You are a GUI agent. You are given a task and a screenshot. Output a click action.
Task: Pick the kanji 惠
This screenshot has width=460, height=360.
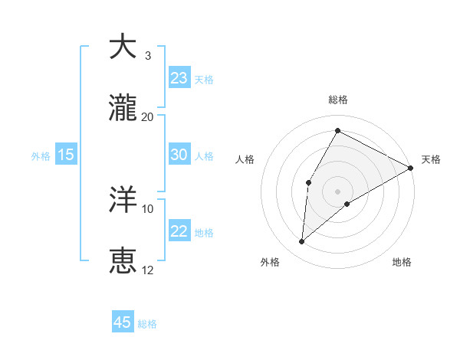pos(123,261)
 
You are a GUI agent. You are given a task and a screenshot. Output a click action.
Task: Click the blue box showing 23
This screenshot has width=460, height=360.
pos(179,78)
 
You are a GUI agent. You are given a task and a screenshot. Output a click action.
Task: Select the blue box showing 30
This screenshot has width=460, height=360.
pos(179,155)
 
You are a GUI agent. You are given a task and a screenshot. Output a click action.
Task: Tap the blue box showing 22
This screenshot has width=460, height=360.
pos(179,231)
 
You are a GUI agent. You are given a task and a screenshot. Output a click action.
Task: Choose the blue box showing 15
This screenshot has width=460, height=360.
pos(66,155)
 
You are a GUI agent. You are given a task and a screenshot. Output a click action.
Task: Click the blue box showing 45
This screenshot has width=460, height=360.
pos(123,322)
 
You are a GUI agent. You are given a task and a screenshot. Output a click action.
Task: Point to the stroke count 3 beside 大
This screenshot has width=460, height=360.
pos(148,55)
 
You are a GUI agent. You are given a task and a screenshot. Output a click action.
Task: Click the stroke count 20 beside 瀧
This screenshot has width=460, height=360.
pos(148,116)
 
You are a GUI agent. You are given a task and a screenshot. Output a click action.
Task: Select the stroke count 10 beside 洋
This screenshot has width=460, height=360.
pos(148,208)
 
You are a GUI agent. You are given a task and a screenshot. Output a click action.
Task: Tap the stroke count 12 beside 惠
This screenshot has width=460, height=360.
pos(148,270)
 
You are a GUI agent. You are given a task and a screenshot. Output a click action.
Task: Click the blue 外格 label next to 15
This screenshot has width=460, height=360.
pos(41,155)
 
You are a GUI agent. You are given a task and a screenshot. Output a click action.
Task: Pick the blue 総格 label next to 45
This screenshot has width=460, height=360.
pos(147,324)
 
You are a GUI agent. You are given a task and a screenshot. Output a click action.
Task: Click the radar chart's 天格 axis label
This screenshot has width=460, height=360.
pos(432,159)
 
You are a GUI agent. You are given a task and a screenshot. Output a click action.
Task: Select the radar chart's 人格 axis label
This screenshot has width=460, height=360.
pos(245,159)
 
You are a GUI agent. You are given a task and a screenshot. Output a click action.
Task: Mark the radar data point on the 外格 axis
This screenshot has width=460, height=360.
pos(302,242)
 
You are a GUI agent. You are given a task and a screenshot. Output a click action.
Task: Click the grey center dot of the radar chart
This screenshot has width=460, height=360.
pos(337,191)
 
